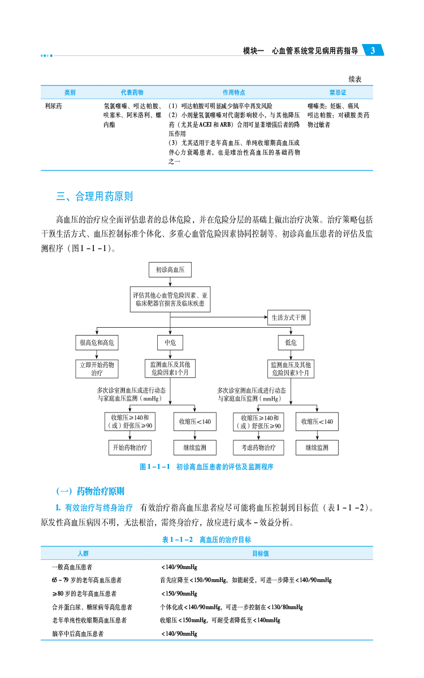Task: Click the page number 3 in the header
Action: coord(373,51)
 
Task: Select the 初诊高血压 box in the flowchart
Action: coord(170,270)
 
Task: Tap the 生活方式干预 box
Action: coord(288,318)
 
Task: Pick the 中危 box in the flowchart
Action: coord(170,342)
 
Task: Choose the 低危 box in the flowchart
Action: coord(291,342)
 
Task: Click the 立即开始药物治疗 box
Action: coord(97,369)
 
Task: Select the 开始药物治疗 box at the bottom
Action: coord(130,447)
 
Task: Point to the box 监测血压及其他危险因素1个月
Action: coord(170,369)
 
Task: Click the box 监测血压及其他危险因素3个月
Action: coord(291,369)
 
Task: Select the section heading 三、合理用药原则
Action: coord(94,197)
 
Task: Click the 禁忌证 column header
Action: coord(338,92)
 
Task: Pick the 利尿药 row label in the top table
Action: coord(54,106)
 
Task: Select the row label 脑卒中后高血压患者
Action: coord(77,633)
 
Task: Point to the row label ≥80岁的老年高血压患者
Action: coord(81,593)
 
